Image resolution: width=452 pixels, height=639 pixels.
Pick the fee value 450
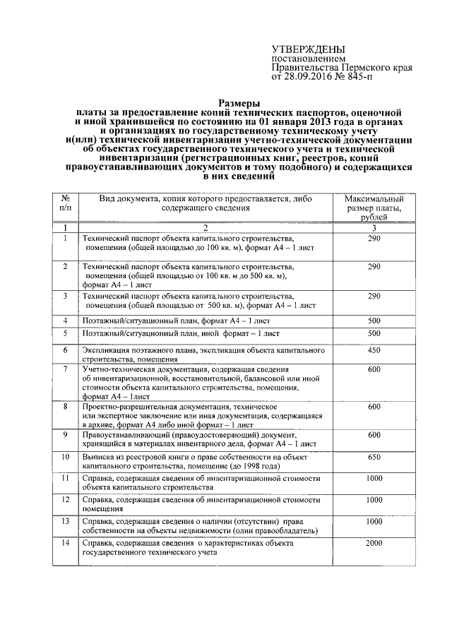point(374,350)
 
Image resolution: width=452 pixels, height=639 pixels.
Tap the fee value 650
point(374,457)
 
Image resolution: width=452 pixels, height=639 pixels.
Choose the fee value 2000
point(374,543)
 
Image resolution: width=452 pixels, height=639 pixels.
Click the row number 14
point(65,543)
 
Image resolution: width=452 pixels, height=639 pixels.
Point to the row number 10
point(65,457)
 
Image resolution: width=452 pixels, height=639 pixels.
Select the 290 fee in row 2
point(374,266)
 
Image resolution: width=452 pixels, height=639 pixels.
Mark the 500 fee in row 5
point(374,333)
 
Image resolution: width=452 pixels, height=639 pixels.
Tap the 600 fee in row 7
point(374,369)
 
